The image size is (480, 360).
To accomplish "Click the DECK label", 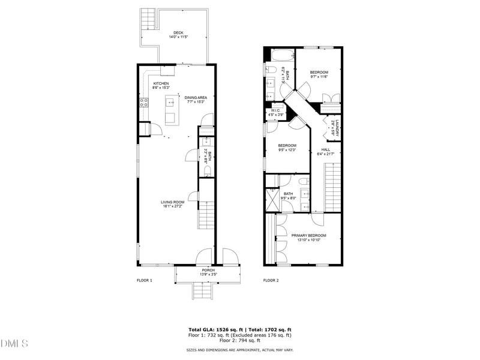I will (178, 32).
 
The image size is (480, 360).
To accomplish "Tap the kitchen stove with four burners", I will (144, 103).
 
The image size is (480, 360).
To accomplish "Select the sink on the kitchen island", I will (170, 102).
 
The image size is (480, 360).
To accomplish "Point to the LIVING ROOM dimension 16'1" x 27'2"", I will (172, 206).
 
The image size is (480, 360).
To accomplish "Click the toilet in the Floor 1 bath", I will (207, 171).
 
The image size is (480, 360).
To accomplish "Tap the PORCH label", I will (208, 270).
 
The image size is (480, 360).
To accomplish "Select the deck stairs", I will (148, 20).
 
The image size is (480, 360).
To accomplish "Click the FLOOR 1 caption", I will (145, 280).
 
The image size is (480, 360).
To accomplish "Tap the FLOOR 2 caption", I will (272, 280).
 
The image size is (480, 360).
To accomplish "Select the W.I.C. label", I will (276, 110).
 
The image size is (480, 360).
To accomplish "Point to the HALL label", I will (325, 149).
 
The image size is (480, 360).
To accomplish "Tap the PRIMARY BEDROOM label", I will (309, 235).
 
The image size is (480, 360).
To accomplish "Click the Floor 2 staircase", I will (334, 188).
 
